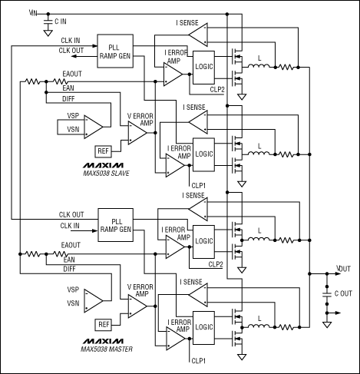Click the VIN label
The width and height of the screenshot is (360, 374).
point(31,12)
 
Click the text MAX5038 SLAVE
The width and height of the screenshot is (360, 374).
point(106,174)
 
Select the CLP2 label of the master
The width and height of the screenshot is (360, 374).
point(214,264)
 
